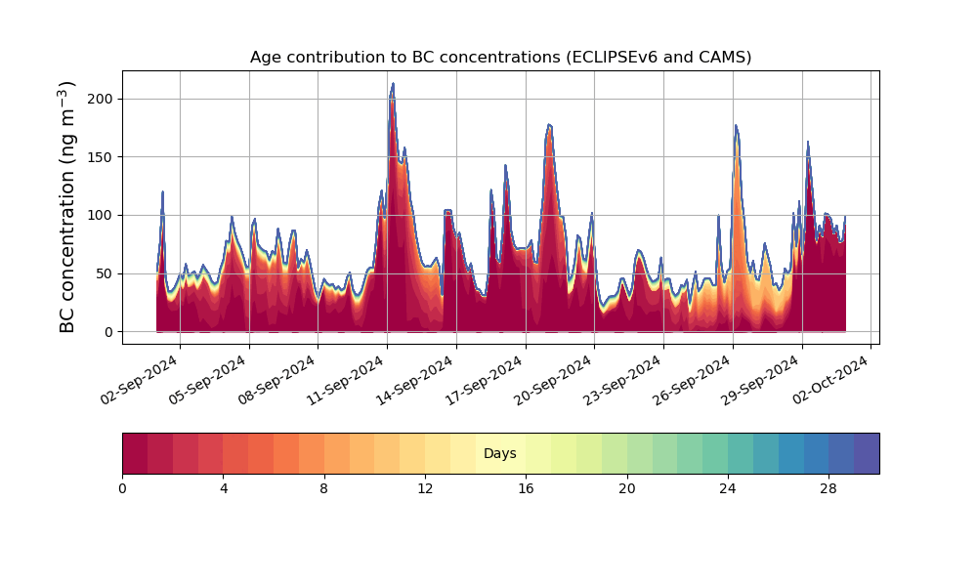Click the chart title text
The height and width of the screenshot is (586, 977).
click(500, 58)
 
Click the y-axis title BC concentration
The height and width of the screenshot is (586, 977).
click(66, 207)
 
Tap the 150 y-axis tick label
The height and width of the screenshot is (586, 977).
click(101, 157)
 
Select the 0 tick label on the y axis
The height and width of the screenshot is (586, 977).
click(108, 332)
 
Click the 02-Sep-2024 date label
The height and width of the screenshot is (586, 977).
click(140, 380)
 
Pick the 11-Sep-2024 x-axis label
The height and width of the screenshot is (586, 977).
click(347, 380)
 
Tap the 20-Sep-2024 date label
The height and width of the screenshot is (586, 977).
click(554, 380)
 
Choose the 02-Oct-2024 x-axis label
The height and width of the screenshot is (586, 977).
click(830, 380)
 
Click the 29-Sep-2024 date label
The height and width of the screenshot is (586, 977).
click(761, 380)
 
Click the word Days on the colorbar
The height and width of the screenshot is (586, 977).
click(499, 453)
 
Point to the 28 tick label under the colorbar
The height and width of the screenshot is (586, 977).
click(828, 489)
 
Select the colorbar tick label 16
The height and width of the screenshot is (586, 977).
click(526, 489)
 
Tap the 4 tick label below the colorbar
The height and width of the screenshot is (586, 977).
click(224, 489)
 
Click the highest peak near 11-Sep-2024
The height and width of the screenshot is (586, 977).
click(393, 83)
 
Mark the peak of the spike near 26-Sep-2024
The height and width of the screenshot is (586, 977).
click(736, 126)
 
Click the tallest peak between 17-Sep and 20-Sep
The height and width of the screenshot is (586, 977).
click(549, 125)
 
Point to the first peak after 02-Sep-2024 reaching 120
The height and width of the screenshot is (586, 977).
click(162, 191)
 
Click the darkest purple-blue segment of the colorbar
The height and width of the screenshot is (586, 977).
click(867, 453)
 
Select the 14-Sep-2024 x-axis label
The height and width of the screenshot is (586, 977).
click(415, 380)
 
